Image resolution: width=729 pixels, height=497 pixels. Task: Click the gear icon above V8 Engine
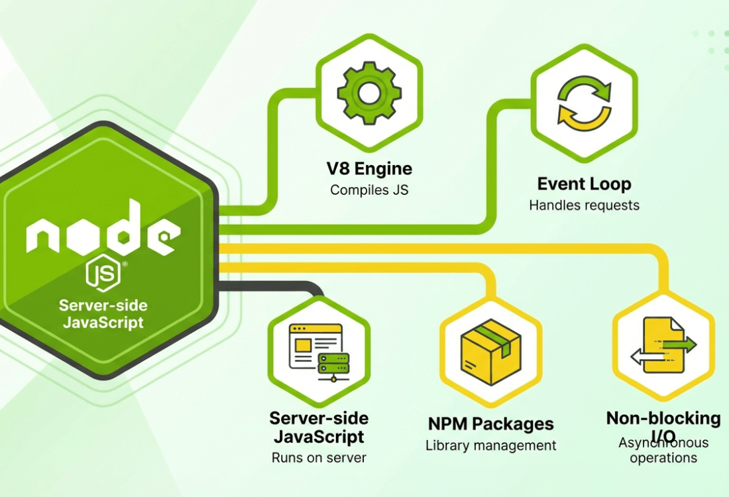coord(369,92)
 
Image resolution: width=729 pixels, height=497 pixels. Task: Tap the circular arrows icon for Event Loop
coord(584,102)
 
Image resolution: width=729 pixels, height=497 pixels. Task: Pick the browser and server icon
coord(319,351)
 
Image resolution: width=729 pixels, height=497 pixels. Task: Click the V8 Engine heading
coord(370,168)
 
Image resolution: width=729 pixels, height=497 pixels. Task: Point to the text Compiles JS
coord(370,190)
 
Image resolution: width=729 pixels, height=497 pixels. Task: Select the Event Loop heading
coord(584,184)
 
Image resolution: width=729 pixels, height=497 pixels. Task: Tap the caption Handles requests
coord(584,205)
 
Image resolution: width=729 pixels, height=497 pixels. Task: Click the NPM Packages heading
coord(490,423)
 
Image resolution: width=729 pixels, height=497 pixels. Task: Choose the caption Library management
coord(490,445)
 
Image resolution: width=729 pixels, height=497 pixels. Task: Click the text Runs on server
coord(319,457)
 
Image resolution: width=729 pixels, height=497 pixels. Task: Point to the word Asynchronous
coord(663,443)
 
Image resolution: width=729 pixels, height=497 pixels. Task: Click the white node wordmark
coord(103,229)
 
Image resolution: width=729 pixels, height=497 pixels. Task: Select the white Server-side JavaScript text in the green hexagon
coord(103,315)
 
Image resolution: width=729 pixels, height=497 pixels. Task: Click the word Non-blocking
coord(663,418)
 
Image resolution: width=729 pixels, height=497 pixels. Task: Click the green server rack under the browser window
coord(333,364)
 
